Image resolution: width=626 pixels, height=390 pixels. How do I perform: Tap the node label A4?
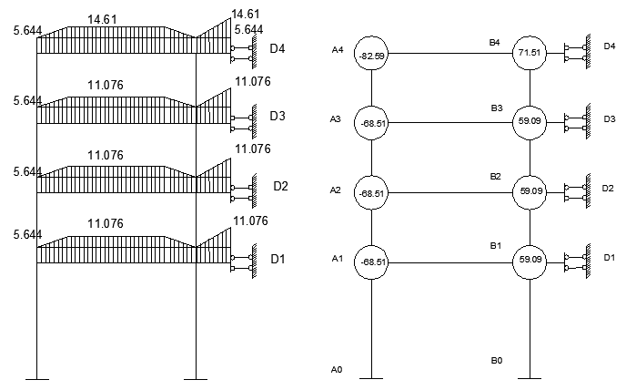click(x=338, y=50)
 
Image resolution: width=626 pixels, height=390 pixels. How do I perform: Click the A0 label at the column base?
click(x=337, y=369)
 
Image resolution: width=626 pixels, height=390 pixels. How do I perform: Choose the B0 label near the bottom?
click(x=496, y=361)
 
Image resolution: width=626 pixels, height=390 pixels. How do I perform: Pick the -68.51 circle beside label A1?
click(x=371, y=262)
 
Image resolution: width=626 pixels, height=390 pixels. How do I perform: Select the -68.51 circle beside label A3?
click(x=371, y=122)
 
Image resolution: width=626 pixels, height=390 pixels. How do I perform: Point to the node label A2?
click(x=337, y=190)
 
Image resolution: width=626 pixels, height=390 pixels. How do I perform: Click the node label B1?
click(x=496, y=246)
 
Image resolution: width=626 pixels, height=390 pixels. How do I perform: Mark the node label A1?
click(x=337, y=260)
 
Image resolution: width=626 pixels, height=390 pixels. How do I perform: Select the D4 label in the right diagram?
click(x=609, y=46)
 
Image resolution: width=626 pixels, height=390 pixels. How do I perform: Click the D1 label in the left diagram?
click(x=278, y=260)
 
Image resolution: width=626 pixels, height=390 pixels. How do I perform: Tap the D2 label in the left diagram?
click(x=280, y=187)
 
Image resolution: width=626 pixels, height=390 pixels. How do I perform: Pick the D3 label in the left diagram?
click(x=278, y=116)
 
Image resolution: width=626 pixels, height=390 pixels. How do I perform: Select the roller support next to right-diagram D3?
click(x=572, y=122)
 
